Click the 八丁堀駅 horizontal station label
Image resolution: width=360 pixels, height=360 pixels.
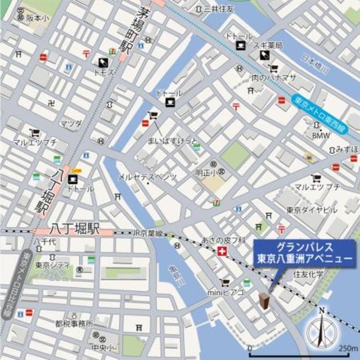(75, 229)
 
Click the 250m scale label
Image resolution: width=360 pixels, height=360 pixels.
(348, 347)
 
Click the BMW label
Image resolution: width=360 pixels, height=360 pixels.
(320, 136)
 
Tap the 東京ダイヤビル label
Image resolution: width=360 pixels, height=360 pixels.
(312, 210)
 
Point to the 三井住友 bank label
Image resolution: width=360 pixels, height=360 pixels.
(218, 9)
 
